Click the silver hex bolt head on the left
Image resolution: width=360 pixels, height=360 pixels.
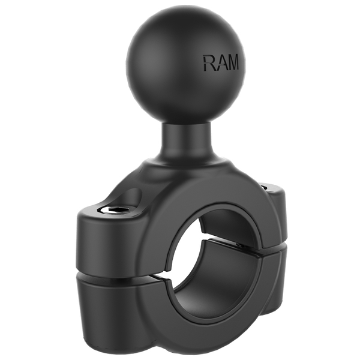click(113, 209)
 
